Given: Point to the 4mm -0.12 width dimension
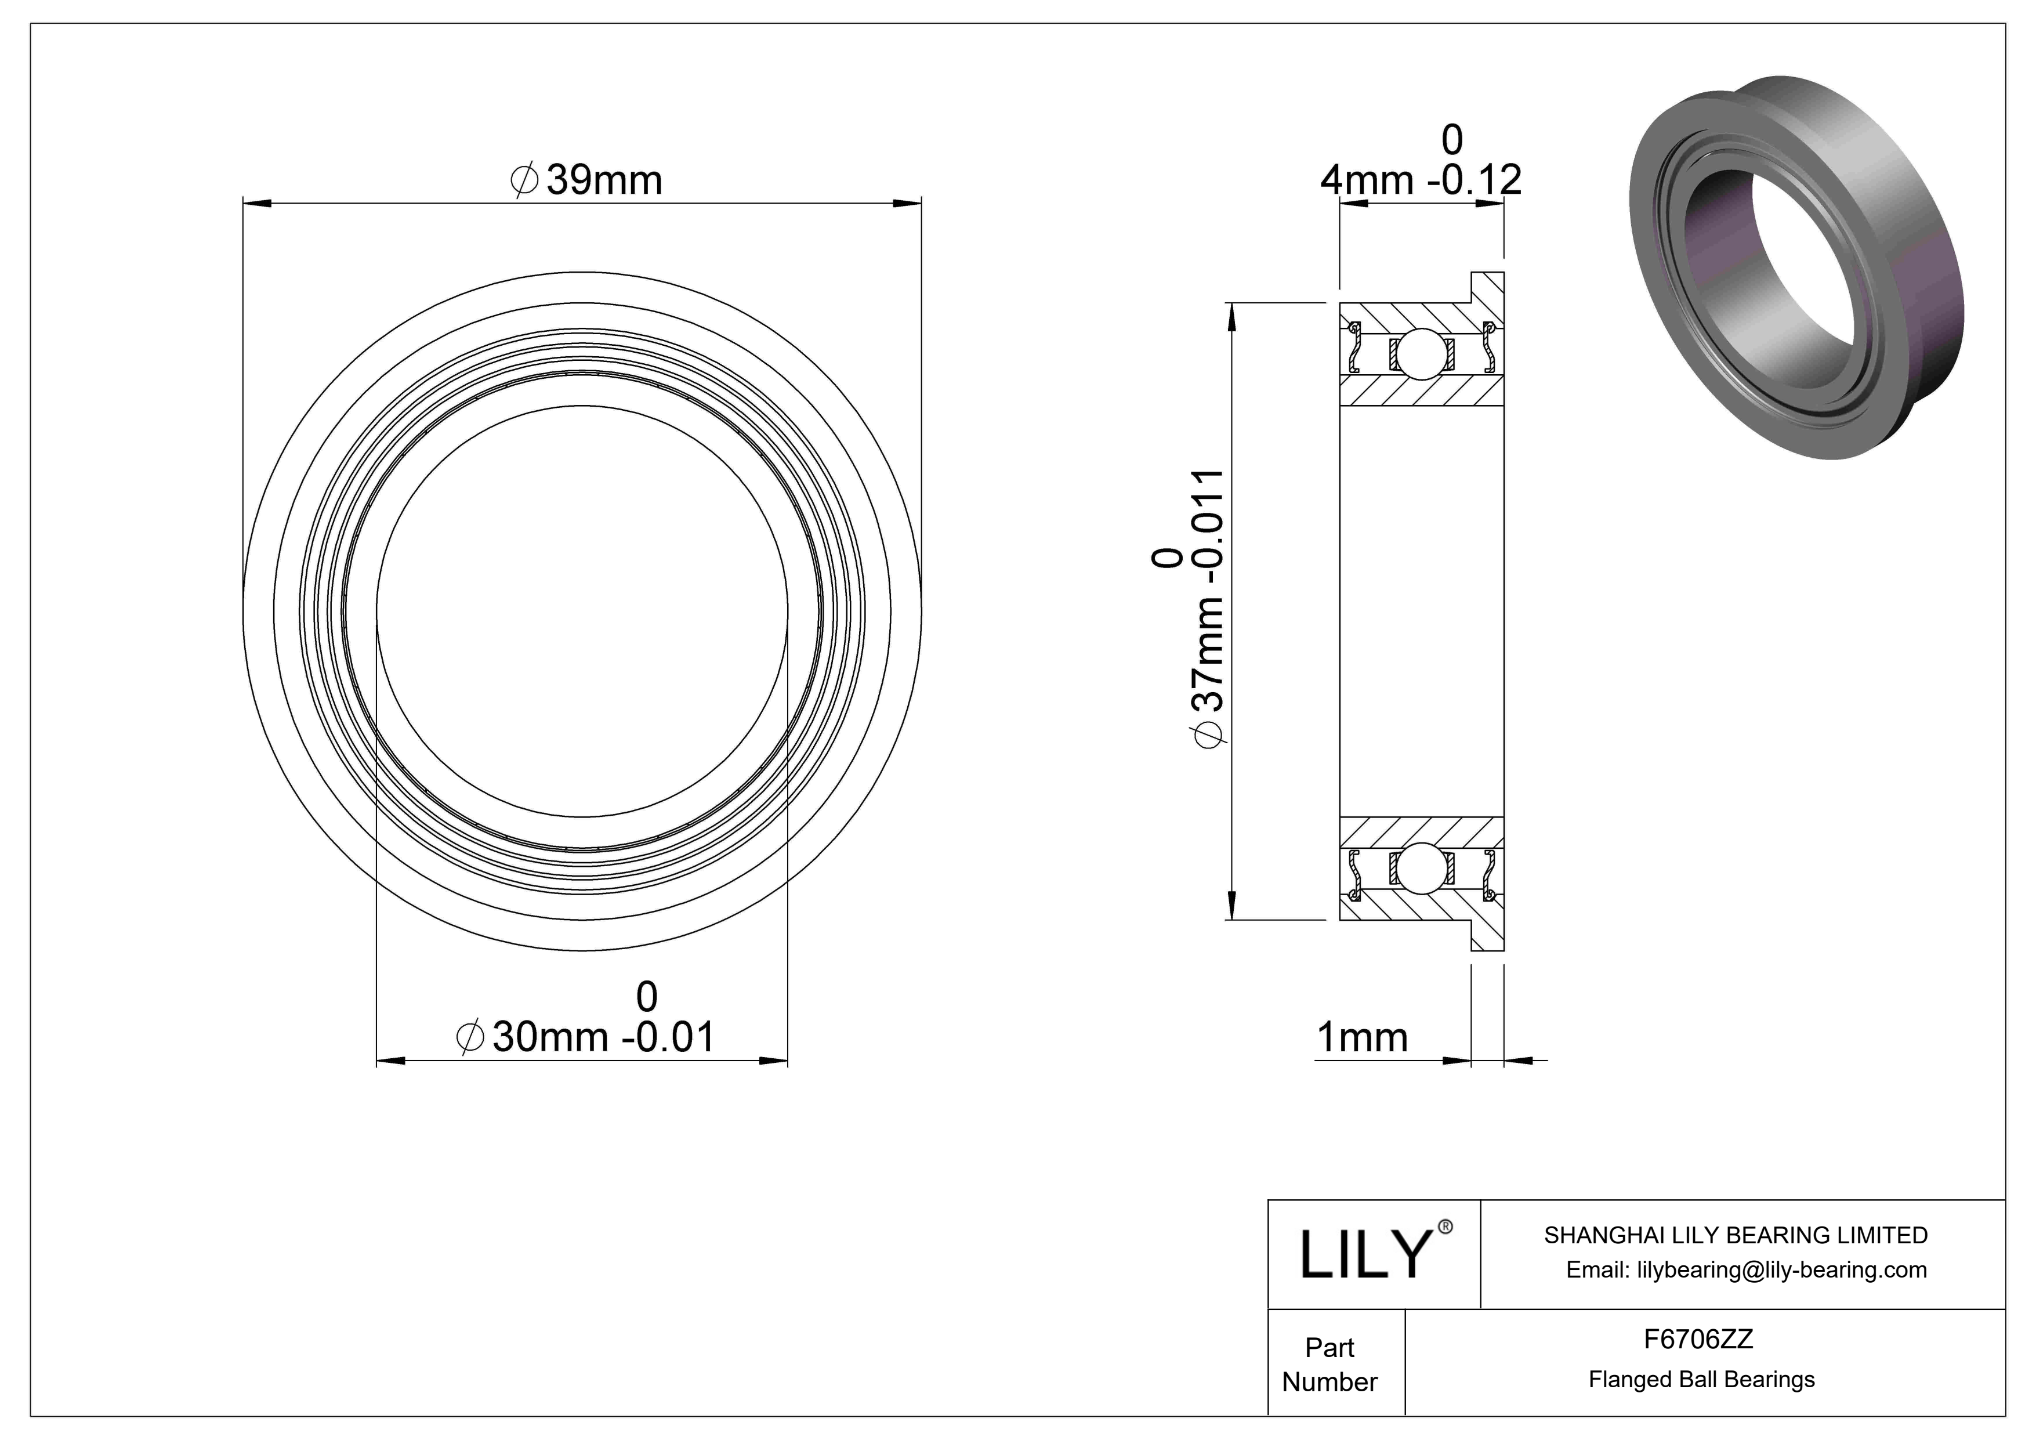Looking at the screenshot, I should pyautogui.click(x=1421, y=180).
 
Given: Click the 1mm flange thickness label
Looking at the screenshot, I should pyautogui.click(x=1361, y=1037).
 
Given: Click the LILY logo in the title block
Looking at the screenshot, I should pyautogui.click(x=1365, y=1255).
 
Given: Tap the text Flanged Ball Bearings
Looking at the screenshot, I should pyautogui.click(x=1701, y=1380).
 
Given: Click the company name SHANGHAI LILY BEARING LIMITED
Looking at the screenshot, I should pyautogui.click(x=1736, y=1235).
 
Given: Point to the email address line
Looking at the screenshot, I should pyautogui.click(x=1746, y=1270).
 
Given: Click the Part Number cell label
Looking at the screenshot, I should pyautogui.click(x=1329, y=1365).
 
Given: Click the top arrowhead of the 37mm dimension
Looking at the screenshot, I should pyautogui.click(x=1231, y=316).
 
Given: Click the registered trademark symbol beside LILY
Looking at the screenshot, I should pyautogui.click(x=1446, y=1227).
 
